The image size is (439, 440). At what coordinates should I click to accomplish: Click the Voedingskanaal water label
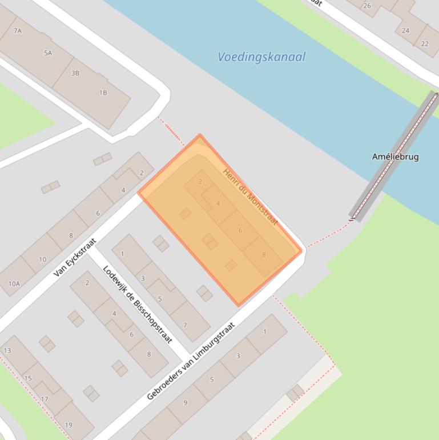261,57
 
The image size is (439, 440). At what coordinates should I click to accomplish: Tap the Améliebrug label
395,157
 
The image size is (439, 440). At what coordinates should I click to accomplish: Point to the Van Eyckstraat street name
75,258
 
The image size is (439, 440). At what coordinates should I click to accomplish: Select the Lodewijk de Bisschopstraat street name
137,304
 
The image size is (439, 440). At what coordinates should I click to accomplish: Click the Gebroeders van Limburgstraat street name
191,361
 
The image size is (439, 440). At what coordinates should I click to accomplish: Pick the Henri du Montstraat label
250,197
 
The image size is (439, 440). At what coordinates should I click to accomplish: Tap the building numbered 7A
18,31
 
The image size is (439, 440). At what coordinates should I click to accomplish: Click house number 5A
48,53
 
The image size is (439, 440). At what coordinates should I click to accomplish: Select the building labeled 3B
75,73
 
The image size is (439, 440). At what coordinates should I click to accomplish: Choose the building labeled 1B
103,93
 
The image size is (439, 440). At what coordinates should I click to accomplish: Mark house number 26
367,6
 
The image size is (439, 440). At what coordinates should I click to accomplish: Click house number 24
405,31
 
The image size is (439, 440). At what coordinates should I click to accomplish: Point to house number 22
425,43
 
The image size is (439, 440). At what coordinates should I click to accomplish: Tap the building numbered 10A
14,283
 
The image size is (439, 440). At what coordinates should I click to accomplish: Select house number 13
7,350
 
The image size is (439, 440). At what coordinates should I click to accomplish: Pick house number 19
69,425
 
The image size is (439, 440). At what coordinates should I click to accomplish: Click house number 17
45,399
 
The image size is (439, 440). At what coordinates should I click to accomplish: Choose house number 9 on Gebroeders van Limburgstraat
185,403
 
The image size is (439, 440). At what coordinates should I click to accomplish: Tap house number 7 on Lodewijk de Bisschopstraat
185,325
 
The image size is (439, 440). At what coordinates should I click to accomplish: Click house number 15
28,378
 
